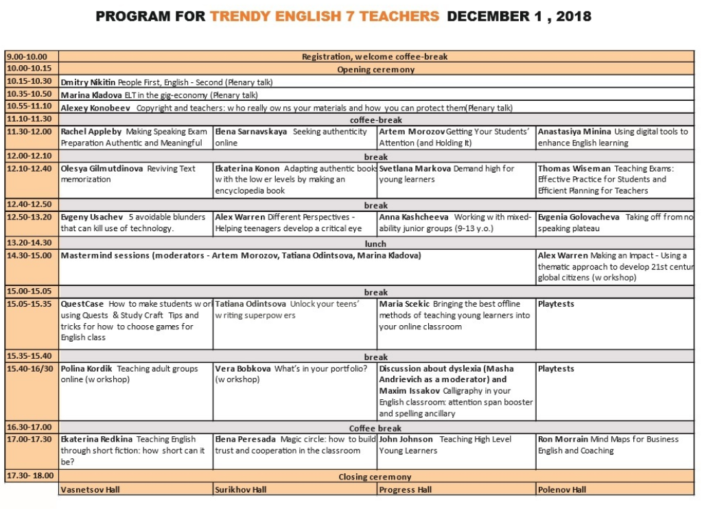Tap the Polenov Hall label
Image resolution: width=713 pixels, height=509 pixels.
click(562, 490)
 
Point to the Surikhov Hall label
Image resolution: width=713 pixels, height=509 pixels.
click(241, 490)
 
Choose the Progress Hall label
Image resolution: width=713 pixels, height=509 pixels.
click(405, 490)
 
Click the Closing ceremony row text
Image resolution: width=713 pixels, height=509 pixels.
click(375, 477)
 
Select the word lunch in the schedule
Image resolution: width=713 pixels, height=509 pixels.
click(375, 244)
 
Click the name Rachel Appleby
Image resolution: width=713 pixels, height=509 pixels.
click(90, 132)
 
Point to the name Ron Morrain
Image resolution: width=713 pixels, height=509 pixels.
click(563, 440)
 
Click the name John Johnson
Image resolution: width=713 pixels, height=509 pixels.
click(406, 440)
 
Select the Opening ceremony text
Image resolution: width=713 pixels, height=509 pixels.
click(375, 70)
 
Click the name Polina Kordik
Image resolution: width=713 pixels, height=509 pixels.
click(86, 369)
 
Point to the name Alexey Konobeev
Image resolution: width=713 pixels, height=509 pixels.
click(96, 108)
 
